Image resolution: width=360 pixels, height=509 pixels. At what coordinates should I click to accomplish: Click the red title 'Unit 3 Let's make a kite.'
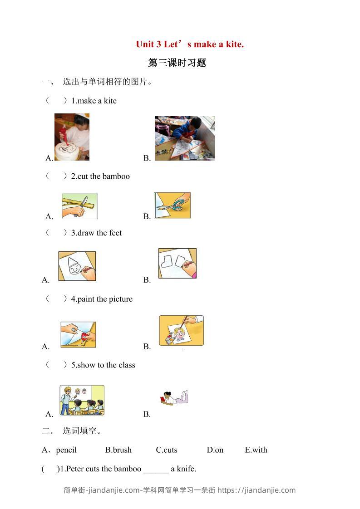point(190,44)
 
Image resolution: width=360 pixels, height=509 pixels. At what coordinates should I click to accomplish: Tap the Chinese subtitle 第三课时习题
point(177,63)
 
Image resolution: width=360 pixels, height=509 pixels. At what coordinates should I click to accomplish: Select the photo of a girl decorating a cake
point(72,137)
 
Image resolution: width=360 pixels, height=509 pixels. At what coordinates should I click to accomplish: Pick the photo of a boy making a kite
point(185,138)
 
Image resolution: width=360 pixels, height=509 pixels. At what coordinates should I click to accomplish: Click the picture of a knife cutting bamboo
point(79,206)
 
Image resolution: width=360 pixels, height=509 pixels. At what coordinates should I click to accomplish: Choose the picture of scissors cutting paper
point(173,206)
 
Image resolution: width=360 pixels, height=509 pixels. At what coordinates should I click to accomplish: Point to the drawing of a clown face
point(77,266)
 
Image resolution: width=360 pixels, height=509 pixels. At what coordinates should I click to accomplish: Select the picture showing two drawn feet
point(178,264)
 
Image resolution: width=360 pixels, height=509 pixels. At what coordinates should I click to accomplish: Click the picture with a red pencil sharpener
point(78,335)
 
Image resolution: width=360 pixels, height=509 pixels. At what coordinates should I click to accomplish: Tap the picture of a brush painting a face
point(181,330)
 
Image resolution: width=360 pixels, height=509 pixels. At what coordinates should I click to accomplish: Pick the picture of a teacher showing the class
point(82,400)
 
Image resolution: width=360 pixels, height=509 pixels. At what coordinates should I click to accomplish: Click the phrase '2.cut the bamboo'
point(100,176)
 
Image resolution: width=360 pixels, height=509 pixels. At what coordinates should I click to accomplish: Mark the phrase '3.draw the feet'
point(96,233)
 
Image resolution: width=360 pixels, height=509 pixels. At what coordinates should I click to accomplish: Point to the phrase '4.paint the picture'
point(102,299)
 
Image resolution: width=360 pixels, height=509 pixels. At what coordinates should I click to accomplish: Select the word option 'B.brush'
point(118,450)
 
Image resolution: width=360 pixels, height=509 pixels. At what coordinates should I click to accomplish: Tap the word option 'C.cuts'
point(167,450)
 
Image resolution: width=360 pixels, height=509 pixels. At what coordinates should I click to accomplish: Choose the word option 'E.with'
point(256,450)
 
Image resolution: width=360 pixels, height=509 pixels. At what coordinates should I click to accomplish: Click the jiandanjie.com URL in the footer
point(256,490)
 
